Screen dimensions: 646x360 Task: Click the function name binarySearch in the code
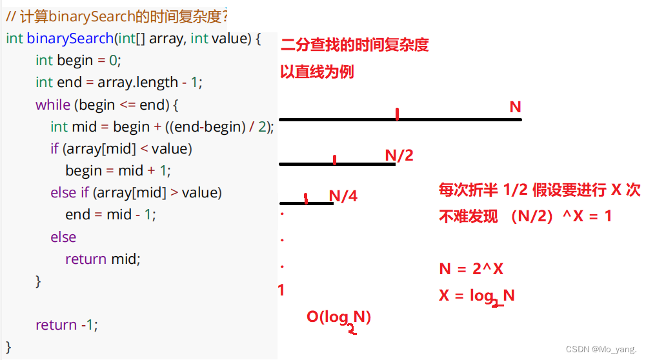(x=70, y=39)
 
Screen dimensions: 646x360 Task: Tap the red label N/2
(x=399, y=155)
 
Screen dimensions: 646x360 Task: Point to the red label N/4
(x=343, y=196)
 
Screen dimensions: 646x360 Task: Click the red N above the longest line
(x=515, y=107)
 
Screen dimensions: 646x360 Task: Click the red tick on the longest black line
(x=397, y=114)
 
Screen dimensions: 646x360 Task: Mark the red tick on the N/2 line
(x=334, y=159)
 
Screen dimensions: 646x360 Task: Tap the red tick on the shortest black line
(x=305, y=199)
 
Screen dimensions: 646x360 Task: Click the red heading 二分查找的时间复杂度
(x=354, y=45)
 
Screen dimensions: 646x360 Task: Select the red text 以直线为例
(x=317, y=72)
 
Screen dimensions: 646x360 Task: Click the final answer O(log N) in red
(x=339, y=318)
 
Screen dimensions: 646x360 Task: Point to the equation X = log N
(x=477, y=296)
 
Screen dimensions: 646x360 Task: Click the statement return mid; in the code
(x=103, y=259)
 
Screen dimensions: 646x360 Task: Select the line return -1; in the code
(x=66, y=325)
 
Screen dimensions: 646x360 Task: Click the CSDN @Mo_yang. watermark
(x=601, y=349)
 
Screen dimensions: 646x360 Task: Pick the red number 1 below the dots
(x=281, y=290)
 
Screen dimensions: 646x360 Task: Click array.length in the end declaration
(x=137, y=83)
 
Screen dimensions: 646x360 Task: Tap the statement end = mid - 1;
(x=110, y=214)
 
